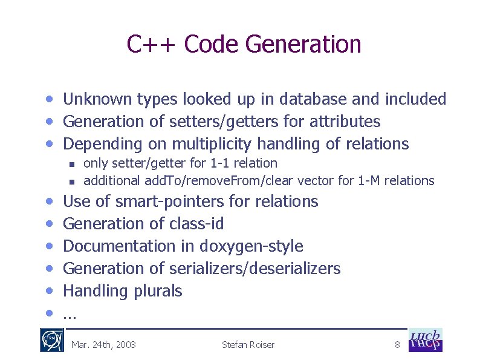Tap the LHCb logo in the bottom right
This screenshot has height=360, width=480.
tap(426, 340)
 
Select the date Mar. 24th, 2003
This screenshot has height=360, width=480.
tap(103, 345)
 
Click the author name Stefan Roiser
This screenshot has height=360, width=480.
tap(248, 345)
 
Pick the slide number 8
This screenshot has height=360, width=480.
tap(397, 345)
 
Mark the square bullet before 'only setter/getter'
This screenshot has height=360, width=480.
tap(71, 164)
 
